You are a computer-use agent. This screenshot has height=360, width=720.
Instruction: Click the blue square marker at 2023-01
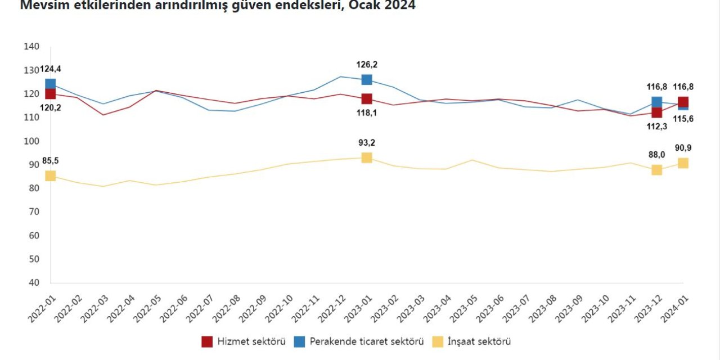click(x=367, y=80)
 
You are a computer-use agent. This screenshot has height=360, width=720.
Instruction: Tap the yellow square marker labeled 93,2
click(x=367, y=157)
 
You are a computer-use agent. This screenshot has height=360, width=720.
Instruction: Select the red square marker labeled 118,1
click(x=367, y=99)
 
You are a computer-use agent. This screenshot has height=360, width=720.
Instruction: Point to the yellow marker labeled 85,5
click(x=50, y=176)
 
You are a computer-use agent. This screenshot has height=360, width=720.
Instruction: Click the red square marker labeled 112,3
click(x=656, y=112)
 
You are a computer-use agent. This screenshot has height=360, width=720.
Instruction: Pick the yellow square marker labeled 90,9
click(x=683, y=163)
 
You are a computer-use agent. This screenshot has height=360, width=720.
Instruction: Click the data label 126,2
click(x=367, y=65)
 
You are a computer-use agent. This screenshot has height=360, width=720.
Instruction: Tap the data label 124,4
click(x=51, y=69)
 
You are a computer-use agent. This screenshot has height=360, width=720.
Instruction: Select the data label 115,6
click(x=683, y=120)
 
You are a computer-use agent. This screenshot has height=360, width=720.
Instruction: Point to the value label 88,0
click(x=656, y=155)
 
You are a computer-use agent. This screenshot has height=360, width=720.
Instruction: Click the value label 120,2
click(x=50, y=107)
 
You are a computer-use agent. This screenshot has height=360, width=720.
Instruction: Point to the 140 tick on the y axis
click(x=31, y=47)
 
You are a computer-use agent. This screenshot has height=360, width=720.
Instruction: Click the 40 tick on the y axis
click(x=33, y=283)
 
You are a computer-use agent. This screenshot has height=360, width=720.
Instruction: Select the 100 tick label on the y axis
click(x=31, y=141)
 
